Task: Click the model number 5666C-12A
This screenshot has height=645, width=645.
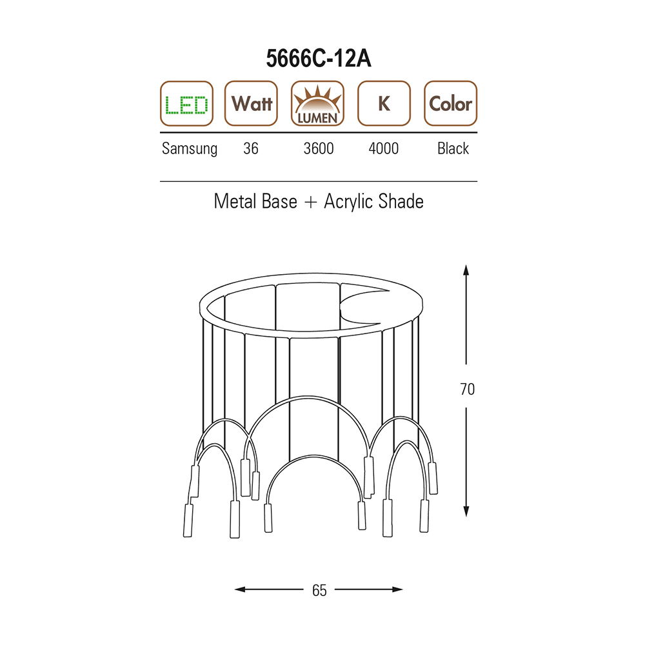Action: (319, 59)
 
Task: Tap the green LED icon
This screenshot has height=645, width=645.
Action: (186, 103)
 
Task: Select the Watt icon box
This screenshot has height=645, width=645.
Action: (251, 103)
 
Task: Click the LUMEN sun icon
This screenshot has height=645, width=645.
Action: (317, 103)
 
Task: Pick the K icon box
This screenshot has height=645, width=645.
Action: (384, 103)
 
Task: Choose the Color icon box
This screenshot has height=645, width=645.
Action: (450, 103)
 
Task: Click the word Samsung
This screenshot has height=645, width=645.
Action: (190, 149)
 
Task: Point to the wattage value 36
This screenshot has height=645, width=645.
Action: (251, 148)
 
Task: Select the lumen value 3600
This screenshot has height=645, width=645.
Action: (319, 148)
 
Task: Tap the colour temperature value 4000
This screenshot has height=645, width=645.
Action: (383, 148)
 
